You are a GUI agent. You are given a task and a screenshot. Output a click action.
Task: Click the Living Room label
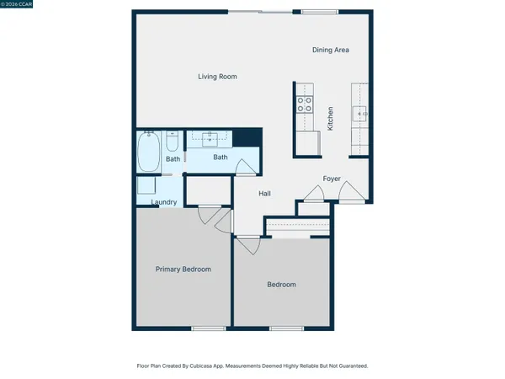pos(217,77)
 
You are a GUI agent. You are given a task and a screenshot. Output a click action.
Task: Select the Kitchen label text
pos(331,117)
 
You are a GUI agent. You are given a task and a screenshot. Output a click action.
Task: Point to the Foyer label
pos(332,179)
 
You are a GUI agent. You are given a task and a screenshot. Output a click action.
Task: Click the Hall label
pos(265,194)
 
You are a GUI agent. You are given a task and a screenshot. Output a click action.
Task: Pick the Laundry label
pos(163,202)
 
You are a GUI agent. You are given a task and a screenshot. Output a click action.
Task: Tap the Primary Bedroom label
pos(183,270)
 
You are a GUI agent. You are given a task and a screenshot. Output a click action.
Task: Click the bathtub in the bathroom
pos(148,152)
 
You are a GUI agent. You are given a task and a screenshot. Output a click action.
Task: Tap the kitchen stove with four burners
pos(304,105)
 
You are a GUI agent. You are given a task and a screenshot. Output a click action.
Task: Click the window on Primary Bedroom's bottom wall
pos(205,328)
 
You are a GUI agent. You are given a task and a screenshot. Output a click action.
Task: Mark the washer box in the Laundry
pos(147,187)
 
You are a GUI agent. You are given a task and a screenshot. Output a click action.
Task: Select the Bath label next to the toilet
pos(173,159)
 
